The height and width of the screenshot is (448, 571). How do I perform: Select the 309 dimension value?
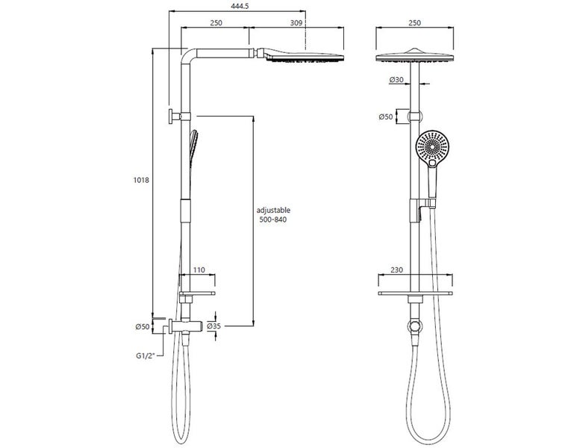pyautogui.click(x=297, y=23)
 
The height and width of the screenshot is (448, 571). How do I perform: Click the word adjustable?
pyautogui.click(x=272, y=211)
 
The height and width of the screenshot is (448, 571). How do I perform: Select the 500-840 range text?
pyautogui.click(x=272, y=221)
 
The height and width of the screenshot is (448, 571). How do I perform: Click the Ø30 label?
pyautogui.click(x=396, y=80)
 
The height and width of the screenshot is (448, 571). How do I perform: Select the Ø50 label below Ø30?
pyautogui.click(x=386, y=116)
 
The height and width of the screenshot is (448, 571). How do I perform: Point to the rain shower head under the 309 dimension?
pyautogui.click(x=302, y=58)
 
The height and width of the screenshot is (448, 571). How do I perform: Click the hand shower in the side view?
pyautogui.click(x=194, y=143)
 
